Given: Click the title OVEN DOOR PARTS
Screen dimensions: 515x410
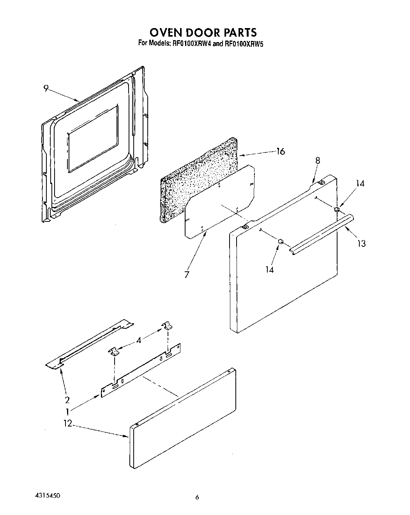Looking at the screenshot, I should pos(203,32).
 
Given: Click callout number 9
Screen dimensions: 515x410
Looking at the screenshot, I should pos(46,89).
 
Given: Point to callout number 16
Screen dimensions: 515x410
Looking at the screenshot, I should pos(280,152).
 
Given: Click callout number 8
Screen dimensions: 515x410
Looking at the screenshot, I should pos(318,160).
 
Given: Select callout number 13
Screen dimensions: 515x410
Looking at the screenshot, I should pos(362,244).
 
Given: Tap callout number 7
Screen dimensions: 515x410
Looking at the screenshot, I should pos(187,274).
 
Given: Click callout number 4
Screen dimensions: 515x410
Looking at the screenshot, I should pos(139,340).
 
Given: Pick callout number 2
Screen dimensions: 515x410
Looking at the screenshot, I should pos(67,400).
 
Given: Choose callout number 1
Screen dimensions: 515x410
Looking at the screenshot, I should pos(67,411).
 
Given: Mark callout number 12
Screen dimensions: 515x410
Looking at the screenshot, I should pos(68,423).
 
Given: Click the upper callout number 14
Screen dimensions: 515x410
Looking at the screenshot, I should pos(361,183).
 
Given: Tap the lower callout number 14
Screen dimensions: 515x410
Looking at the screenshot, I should pos(270,269).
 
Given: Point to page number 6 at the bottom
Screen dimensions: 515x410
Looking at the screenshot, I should pos(197,497).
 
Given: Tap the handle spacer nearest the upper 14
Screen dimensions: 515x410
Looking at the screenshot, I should pos(337,210).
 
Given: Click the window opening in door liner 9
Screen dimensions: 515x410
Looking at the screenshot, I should pos(93,138).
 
